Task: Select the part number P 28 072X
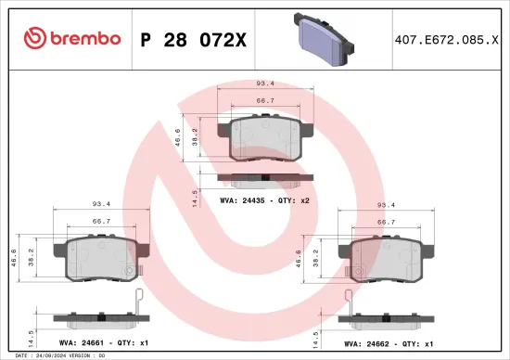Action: point(192,38)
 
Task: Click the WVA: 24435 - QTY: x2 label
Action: point(264,199)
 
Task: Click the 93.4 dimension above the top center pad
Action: point(265,83)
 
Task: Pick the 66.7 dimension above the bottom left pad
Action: point(103,223)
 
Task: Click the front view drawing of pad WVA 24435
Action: point(265,138)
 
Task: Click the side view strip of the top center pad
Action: point(265,178)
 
